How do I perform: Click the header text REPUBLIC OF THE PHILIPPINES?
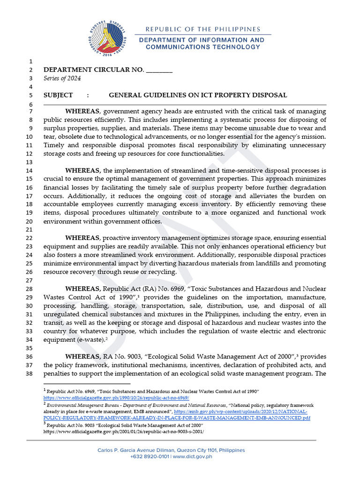pyautogui.click(x=203, y=29)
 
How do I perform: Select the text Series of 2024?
pyautogui.click(x=62, y=78)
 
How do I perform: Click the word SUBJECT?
pyautogui.click(x=58, y=95)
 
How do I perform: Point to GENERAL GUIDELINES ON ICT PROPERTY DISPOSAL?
pyautogui.click(x=198, y=95)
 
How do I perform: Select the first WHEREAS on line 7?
pyautogui.click(x=82, y=111)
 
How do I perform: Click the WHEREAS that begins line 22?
pyautogui.click(x=82, y=238)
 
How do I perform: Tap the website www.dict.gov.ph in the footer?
pyautogui.click(x=193, y=456)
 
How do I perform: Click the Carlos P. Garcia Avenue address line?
pyautogui.click(x=171, y=450)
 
